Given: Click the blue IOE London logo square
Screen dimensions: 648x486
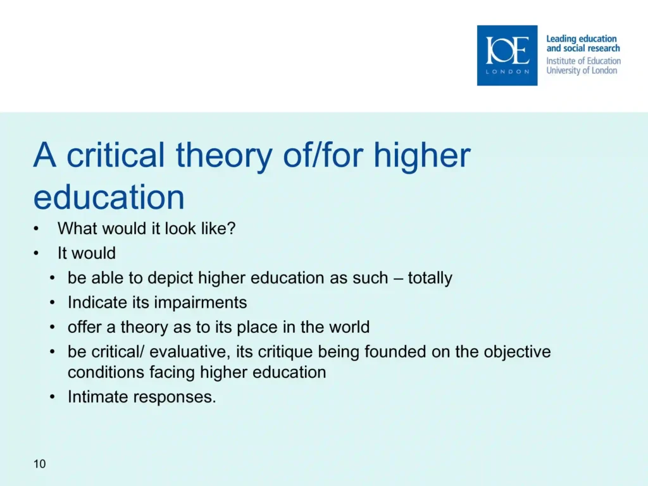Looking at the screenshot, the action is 507,56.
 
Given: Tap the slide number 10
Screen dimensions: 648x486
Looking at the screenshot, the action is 40,464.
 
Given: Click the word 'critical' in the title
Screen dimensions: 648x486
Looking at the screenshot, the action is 115,155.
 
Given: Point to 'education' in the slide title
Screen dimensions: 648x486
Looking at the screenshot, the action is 109,197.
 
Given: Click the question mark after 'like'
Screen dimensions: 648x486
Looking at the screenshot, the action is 232,228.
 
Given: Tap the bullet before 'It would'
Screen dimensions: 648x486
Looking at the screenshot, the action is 36,253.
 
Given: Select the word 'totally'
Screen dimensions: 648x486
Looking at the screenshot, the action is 430,278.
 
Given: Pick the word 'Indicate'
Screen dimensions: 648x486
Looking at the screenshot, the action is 97,302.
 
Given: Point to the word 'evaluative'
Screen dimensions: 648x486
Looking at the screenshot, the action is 188,352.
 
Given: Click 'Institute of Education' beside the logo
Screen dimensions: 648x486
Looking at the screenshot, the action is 583,61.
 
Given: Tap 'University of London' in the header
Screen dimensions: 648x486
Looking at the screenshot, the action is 582,71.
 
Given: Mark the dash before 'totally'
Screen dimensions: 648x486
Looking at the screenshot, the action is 398,278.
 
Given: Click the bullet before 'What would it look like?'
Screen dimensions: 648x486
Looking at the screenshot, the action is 36,228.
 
